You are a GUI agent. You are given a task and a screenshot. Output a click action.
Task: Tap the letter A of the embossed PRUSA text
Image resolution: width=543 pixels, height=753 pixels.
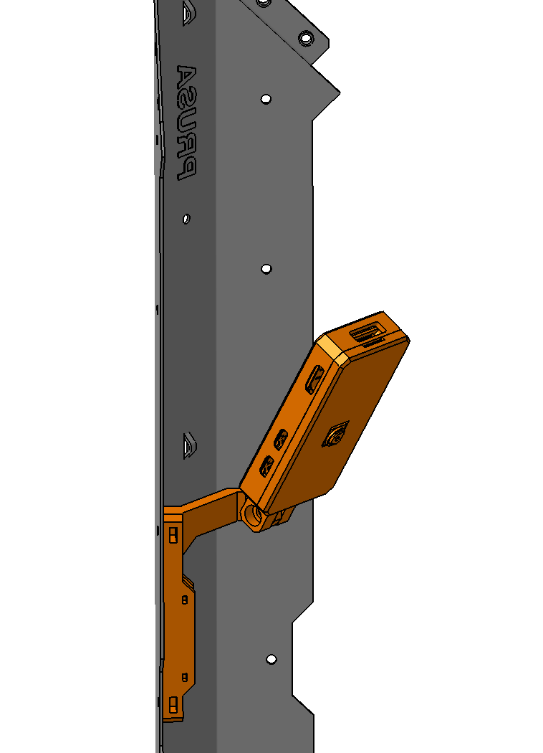[186, 77]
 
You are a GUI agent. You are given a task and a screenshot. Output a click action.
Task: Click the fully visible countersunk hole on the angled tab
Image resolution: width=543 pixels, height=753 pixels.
[306, 38]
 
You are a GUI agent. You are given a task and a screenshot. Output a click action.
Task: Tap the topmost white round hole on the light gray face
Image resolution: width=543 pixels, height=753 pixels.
[266, 99]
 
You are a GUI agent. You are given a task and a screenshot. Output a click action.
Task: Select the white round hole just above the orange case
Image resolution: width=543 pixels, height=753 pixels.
[266, 269]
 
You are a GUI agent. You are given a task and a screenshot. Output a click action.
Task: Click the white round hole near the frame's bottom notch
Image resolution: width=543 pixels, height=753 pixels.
[271, 659]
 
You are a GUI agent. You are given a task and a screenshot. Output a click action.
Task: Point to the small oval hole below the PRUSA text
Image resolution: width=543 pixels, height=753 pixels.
[186, 219]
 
